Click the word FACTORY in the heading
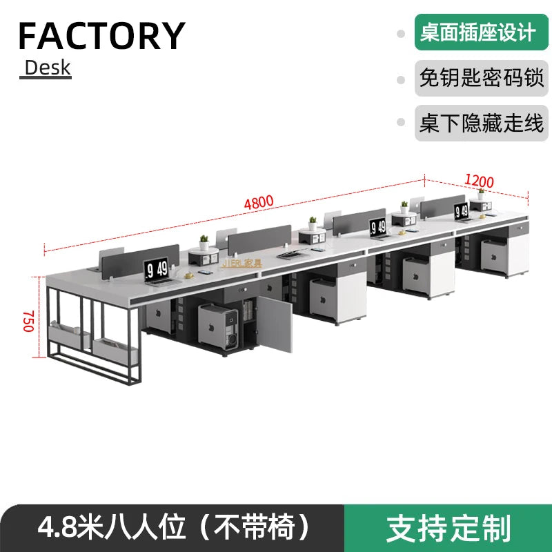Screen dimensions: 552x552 click(101, 36)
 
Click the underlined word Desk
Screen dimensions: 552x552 click(47, 68)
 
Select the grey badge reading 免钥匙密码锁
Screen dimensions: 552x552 click(481, 77)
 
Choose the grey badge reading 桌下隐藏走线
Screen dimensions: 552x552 click(481, 123)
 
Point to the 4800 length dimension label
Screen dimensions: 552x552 click(258, 202)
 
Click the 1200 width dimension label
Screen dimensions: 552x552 click(479, 181)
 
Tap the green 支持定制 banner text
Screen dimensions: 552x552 click(448, 528)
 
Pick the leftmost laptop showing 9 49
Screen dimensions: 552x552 click(157, 270)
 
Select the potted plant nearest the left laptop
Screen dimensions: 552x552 click(204, 243)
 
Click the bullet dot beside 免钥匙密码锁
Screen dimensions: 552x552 click(400, 79)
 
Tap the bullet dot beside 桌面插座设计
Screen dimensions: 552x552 click(400, 33)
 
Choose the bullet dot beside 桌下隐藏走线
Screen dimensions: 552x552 click(400, 124)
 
